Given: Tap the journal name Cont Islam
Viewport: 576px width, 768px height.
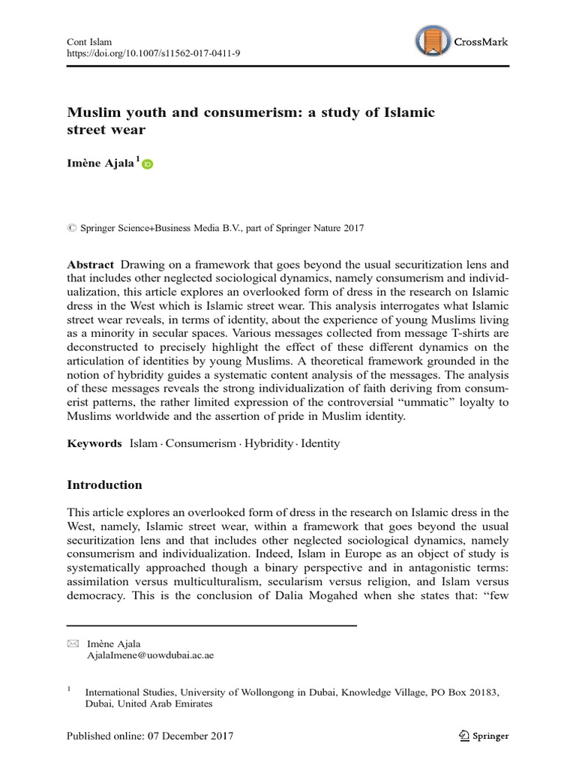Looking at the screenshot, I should coord(88,42).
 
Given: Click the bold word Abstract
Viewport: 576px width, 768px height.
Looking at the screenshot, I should coord(90,265).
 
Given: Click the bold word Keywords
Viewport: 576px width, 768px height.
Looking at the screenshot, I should coord(94,443).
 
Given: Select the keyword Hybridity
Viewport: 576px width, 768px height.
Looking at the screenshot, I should coord(271,443).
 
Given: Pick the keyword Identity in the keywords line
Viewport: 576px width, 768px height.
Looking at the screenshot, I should coord(320,443).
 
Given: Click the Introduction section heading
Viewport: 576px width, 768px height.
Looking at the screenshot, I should coord(104,485).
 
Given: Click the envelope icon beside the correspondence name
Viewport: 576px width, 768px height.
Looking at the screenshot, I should coord(72,643).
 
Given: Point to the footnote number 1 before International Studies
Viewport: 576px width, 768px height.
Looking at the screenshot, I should coord(69,688).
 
